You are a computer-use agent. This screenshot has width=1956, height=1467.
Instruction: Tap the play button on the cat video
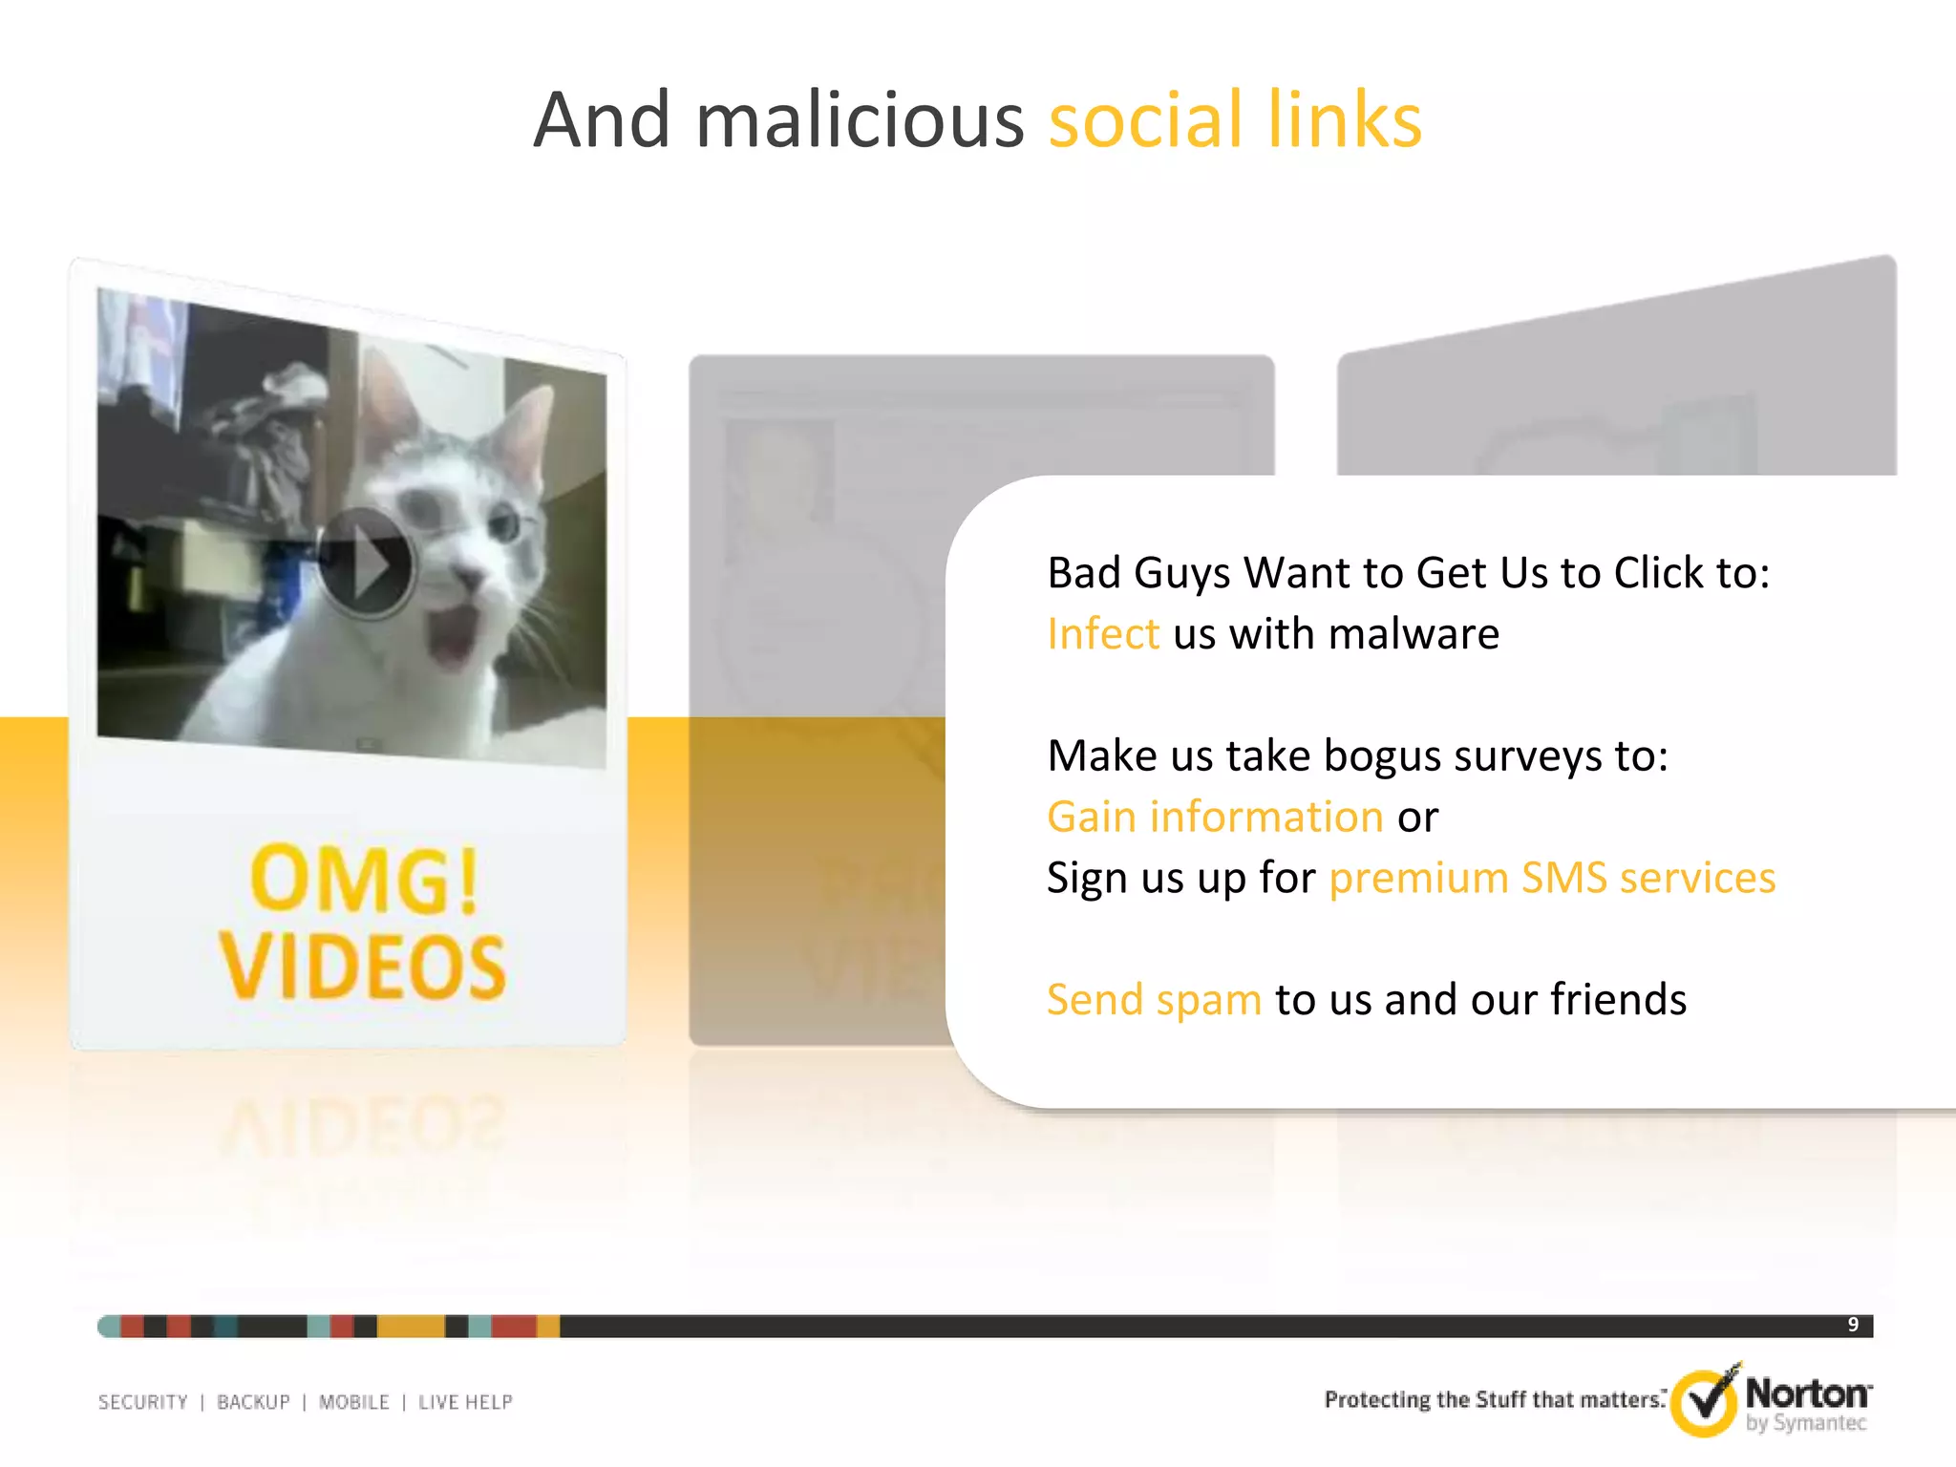pos(365,563)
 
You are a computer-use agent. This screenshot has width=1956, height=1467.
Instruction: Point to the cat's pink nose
pos(471,576)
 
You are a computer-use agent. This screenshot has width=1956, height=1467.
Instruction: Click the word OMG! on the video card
pos(364,879)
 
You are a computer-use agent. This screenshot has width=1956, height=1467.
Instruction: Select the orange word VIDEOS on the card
pos(363,967)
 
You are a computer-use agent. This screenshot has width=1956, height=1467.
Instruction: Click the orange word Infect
pos(1103,634)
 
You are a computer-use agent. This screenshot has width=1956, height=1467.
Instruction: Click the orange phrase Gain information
pos(1215,817)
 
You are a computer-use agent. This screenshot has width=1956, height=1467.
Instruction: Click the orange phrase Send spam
pos(1154,1000)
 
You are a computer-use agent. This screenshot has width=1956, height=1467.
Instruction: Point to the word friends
pos(1618,1000)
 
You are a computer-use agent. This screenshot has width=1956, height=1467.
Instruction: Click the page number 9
pos(1853,1325)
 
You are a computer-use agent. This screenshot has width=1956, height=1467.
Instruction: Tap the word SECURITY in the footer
pos(143,1402)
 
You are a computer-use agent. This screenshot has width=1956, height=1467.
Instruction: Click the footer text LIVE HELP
pos(465,1402)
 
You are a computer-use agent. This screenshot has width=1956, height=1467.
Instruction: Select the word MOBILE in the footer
pos(354,1402)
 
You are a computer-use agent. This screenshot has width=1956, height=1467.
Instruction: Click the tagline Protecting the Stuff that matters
pos(1494,1400)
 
